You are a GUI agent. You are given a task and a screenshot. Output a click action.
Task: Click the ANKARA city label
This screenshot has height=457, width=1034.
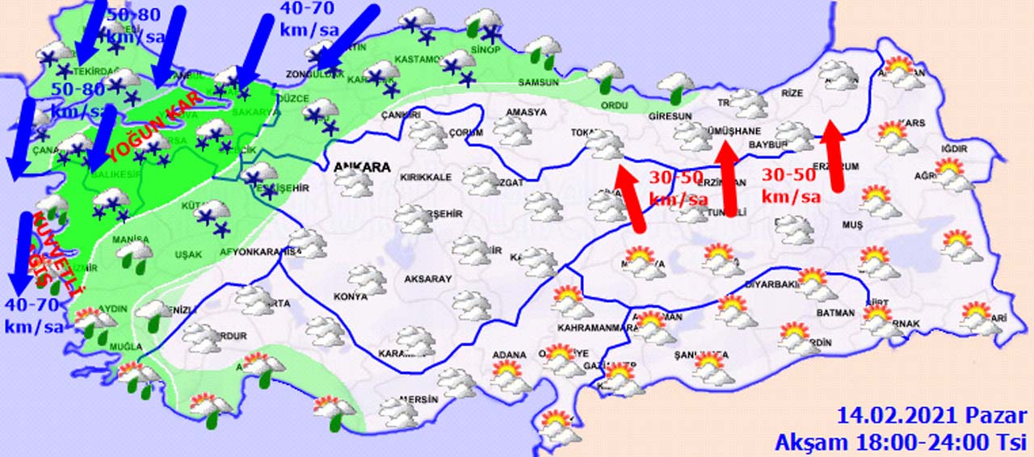point(362,167)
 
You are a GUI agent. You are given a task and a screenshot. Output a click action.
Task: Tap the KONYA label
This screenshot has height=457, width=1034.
point(350,296)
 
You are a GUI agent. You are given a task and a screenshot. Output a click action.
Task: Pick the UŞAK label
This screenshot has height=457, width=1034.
point(188,254)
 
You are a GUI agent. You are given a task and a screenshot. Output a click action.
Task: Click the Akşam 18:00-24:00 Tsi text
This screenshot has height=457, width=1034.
point(901,442)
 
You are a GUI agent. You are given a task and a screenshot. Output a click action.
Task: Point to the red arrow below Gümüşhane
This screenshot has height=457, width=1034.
point(729,179)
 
